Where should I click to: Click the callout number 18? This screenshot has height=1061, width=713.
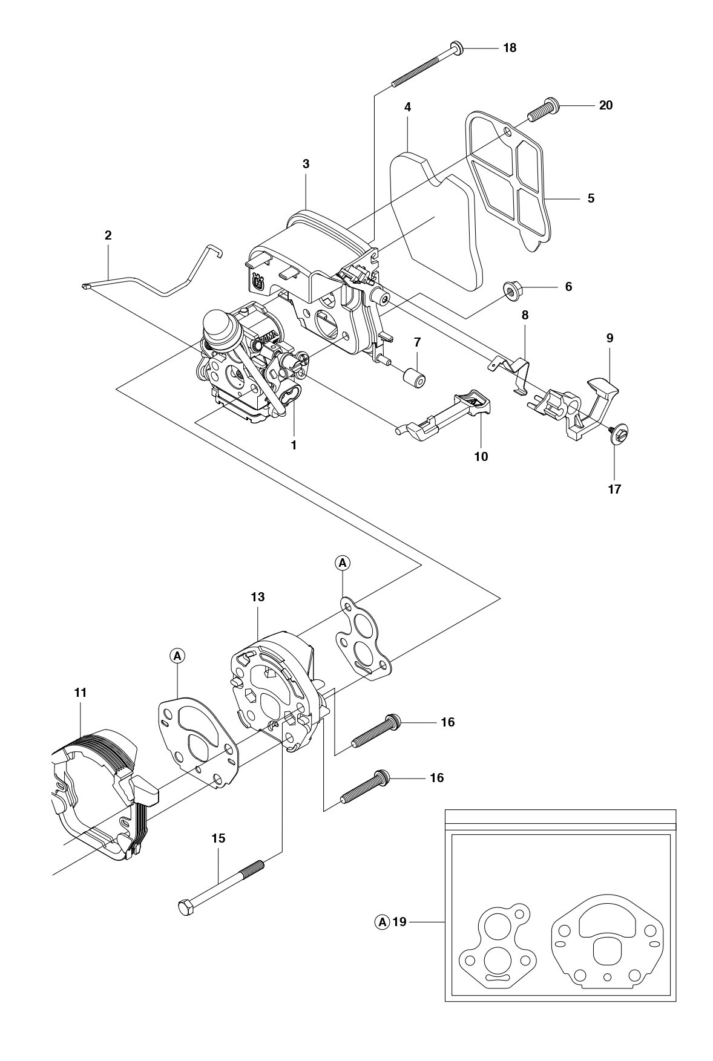pyautogui.click(x=510, y=48)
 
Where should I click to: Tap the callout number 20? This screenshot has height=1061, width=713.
pyautogui.click(x=605, y=105)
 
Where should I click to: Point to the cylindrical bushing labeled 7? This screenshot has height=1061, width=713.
pyautogui.click(x=414, y=377)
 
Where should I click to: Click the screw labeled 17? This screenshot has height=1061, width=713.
pyautogui.click(x=618, y=434)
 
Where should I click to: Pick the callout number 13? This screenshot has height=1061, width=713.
pyautogui.click(x=257, y=597)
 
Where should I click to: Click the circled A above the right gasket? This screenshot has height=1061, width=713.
pyautogui.click(x=343, y=563)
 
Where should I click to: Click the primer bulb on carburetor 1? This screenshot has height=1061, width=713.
pyautogui.click(x=222, y=321)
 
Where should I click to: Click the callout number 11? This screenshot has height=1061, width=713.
pyautogui.click(x=80, y=693)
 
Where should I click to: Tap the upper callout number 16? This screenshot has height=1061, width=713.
pyautogui.click(x=447, y=722)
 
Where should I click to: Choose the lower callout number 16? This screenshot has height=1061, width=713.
pyautogui.click(x=436, y=778)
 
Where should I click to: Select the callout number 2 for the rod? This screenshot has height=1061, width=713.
pyautogui.click(x=108, y=235)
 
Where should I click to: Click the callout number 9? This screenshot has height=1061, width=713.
pyautogui.click(x=609, y=338)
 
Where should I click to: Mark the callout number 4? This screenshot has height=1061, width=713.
pyautogui.click(x=407, y=107)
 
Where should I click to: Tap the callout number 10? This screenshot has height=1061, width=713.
pyautogui.click(x=481, y=457)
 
